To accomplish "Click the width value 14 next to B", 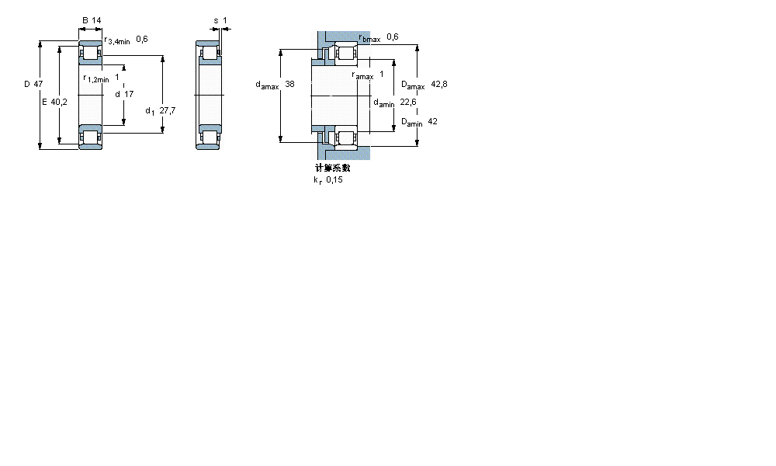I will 97,21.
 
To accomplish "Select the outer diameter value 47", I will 38,83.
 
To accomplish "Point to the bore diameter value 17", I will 129,93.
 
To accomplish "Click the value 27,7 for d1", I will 167,111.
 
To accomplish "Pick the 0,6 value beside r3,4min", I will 142,39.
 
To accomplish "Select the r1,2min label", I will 96,78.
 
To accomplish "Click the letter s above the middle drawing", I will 215,21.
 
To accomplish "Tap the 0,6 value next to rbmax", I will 392,37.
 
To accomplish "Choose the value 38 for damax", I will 289,83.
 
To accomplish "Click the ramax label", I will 362,75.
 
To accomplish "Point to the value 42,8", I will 439,84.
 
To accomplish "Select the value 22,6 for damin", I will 408,102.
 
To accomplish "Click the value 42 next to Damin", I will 432,121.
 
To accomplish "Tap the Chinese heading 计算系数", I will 332,168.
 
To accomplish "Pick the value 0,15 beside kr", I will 334,179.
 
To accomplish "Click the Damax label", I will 412,85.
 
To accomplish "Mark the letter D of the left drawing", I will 26,83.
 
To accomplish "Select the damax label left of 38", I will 267,85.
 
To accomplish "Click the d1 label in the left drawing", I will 150,111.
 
